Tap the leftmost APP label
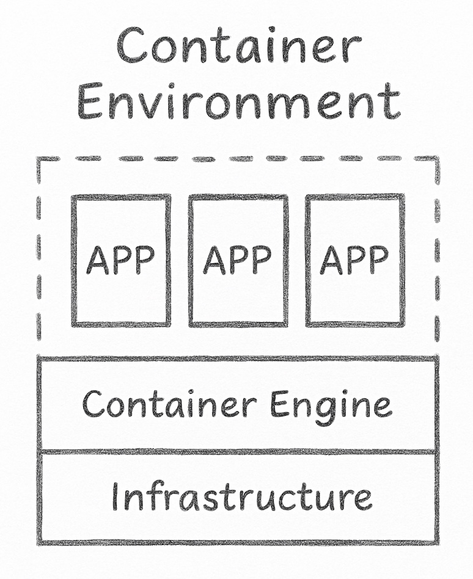120,260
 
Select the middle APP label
237,260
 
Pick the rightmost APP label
354,260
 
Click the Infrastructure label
241,497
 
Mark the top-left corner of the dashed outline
39,159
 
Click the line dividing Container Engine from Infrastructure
238,452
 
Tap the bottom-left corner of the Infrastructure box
40,542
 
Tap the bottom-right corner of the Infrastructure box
437,542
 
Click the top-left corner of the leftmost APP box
73,197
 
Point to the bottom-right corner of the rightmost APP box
403,324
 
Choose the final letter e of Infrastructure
362,499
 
